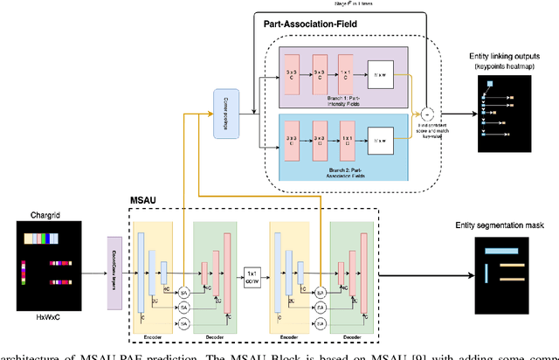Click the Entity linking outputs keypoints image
coord(504,113)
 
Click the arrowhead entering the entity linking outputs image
coord(475,112)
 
